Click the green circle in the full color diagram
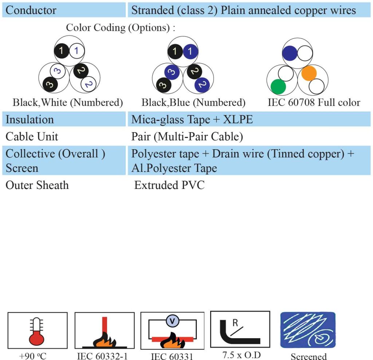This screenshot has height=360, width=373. coord(278,87)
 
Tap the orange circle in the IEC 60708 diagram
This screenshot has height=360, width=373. coord(309,73)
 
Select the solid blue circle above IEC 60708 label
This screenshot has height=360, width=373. coord(290,53)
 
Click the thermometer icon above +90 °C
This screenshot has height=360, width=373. coord(36,332)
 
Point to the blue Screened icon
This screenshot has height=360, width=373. coord(308,330)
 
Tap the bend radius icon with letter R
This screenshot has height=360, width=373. coord(240,329)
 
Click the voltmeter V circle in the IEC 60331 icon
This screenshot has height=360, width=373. coord(172,321)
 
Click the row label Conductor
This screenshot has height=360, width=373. coord(31,10)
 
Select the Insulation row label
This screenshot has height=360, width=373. coord(30,119)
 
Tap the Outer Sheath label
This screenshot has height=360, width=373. coord(37,185)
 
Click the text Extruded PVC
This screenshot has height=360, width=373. coord(169,185)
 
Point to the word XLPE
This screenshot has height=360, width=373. coord(237,119)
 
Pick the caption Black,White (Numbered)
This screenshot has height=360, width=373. coord(68,103)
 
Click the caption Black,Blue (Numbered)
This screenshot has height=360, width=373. coord(193,103)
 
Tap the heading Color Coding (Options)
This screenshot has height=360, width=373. coord(120,28)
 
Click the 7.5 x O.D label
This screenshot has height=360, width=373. coord(242,355)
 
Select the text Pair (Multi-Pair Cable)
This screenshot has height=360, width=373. coord(187,137)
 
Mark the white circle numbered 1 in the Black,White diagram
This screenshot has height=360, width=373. coord(76,51)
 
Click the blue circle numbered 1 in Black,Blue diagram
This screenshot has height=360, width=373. coord(190,51)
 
